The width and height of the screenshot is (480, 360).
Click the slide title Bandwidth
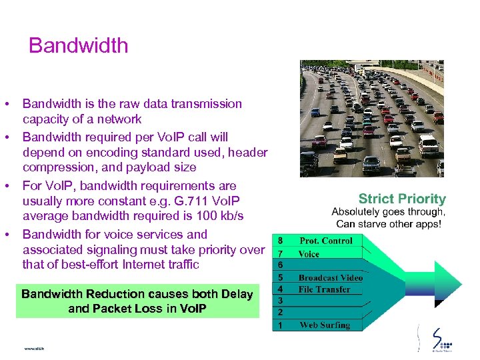click(x=78, y=45)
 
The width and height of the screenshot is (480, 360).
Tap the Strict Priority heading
click(x=402, y=199)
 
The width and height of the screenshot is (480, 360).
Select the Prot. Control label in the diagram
click(x=326, y=241)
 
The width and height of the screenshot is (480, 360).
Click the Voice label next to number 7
click(x=309, y=254)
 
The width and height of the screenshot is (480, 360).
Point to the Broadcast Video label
click(x=330, y=277)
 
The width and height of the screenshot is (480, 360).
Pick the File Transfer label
click(x=324, y=289)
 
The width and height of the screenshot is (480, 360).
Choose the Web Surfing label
click(x=325, y=325)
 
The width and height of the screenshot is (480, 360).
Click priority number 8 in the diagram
click(x=280, y=241)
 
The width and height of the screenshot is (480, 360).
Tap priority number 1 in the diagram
click(x=280, y=325)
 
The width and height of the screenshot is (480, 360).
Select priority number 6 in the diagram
click(x=280, y=265)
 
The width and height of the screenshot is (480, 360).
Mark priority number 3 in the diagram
click(x=280, y=301)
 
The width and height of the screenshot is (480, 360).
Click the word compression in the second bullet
click(x=59, y=167)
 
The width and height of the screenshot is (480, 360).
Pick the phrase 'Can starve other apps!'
click(x=389, y=224)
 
